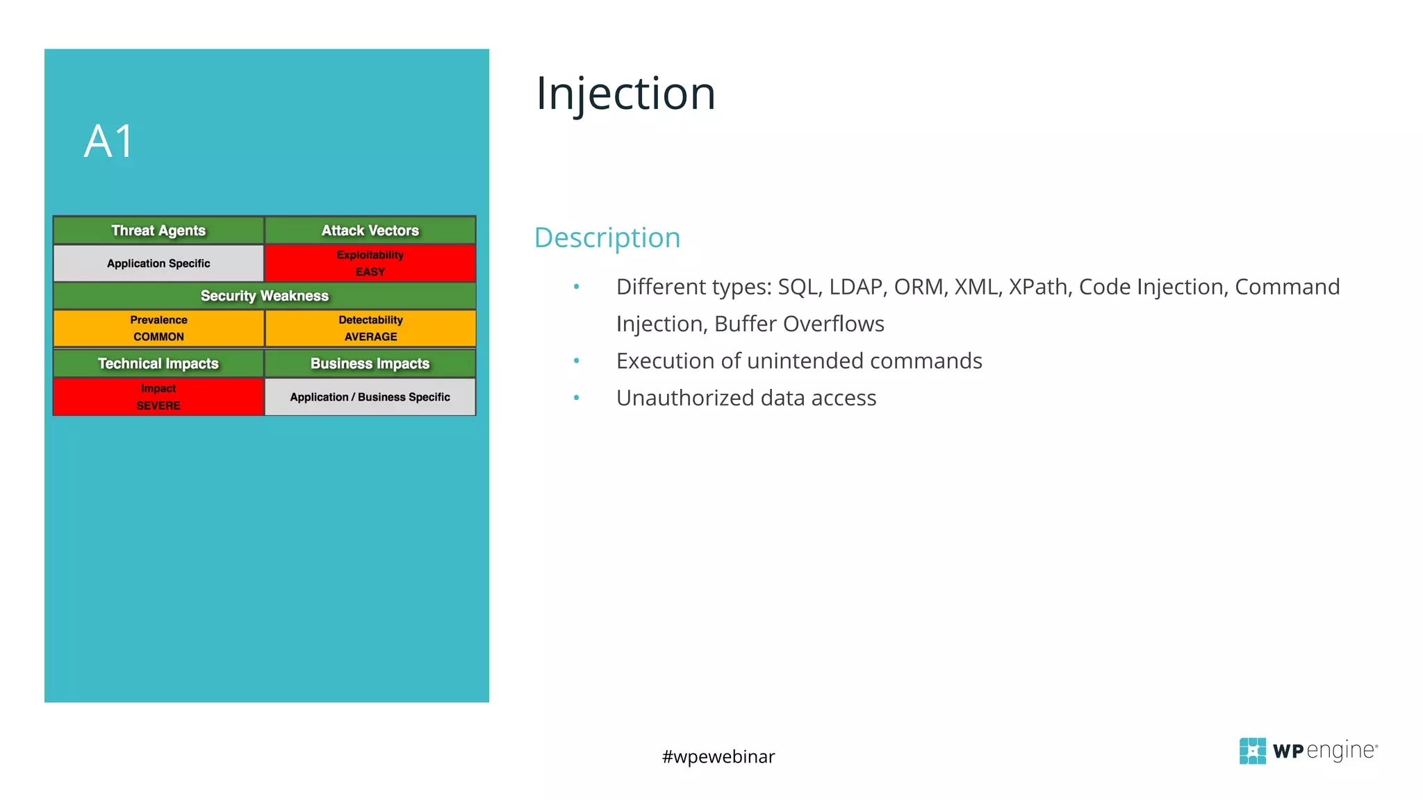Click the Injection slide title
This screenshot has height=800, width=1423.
pyautogui.click(x=625, y=94)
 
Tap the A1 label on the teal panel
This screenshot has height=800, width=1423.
pyautogui.click(x=108, y=142)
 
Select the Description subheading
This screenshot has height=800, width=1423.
pyautogui.click(x=607, y=237)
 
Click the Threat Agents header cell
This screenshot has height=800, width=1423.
pyautogui.click(x=158, y=231)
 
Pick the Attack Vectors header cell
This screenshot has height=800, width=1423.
pyautogui.click(x=370, y=231)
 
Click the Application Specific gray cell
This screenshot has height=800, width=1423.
pyautogui.click(x=158, y=263)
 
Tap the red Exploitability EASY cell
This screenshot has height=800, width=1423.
pyautogui.click(x=370, y=263)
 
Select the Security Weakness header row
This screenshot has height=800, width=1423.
pyautogui.click(x=264, y=296)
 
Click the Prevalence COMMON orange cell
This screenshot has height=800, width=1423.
pyautogui.click(x=158, y=328)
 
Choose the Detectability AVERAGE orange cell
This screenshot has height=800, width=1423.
pyautogui.click(x=370, y=328)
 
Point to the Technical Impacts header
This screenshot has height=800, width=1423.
pyautogui.click(x=158, y=364)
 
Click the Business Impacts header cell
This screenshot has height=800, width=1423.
pyautogui.click(x=370, y=364)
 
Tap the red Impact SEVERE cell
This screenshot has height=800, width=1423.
pyautogui.click(x=158, y=397)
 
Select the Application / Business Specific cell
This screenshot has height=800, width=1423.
pyautogui.click(x=370, y=397)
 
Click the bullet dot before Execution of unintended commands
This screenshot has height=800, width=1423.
pyautogui.click(x=576, y=360)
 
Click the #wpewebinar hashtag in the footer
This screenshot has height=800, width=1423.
pyautogui.click(x=718, y=756)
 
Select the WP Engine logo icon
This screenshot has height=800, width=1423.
pyautogui.click(x=1252, y=751)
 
